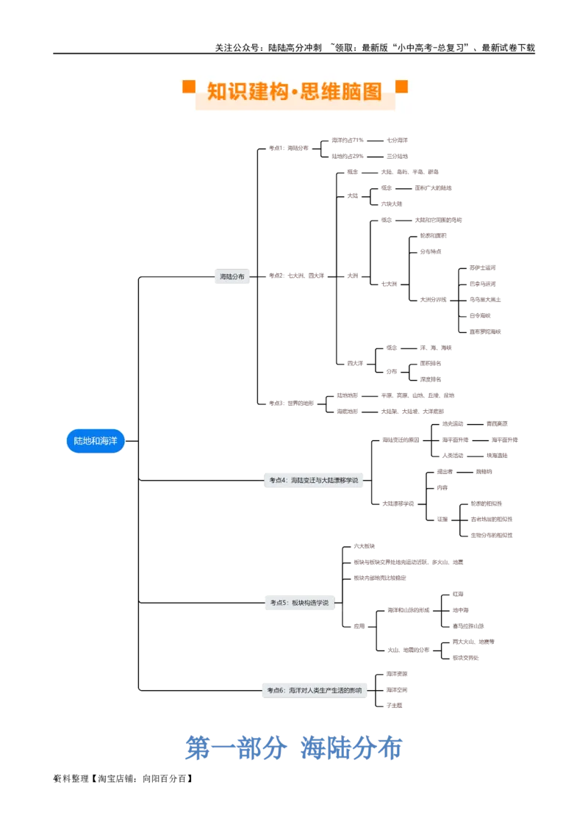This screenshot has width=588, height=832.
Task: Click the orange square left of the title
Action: coord(189,87)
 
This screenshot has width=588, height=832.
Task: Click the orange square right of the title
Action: coord(401,87)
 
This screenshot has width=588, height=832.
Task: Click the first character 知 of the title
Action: coord(217,92)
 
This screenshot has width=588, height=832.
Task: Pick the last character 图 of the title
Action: coord(372,92)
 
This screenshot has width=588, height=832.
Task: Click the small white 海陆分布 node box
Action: coord(232,277)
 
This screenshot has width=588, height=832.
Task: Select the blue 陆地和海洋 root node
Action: coord(96,441)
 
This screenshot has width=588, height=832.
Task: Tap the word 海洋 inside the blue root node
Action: coord(108,441)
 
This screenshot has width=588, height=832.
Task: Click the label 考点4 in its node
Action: coord(276,481)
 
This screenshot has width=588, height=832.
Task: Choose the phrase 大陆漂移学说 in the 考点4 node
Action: coord(340,481)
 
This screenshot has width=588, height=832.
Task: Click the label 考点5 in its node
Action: coord(278,603)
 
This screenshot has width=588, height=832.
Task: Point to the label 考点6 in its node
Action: coord(274,690)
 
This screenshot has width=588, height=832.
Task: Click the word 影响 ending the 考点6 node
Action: coord(356,690)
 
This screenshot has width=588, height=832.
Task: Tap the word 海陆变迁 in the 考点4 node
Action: coord(301,481)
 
